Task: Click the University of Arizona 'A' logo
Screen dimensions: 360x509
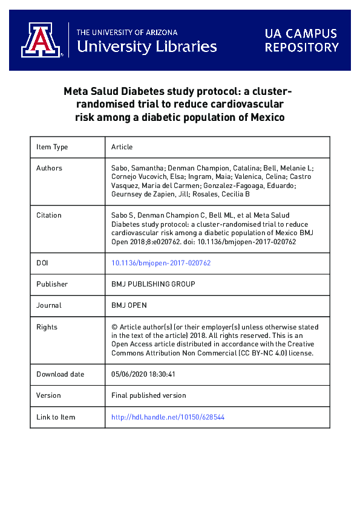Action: click(42, 41)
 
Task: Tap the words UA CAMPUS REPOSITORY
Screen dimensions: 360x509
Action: click(301, 41)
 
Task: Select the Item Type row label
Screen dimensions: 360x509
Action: click(53, 147)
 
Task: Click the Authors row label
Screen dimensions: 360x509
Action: click(50, 168)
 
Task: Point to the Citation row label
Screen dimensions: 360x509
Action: click(50, 215)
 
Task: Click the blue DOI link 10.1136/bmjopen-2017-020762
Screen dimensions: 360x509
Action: click(161, 263)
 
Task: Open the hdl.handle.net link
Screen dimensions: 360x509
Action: click(168, 417)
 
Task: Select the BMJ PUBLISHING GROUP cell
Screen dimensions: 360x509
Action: click(153, 284)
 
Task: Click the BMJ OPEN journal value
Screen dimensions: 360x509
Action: click(129, 305)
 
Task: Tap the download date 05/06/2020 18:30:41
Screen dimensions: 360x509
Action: click(143, 374)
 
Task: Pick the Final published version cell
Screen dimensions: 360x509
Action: click(149, 395)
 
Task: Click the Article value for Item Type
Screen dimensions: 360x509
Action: click(122, 147)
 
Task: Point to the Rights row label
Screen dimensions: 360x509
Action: click(47, 327)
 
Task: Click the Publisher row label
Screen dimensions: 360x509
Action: click(53, 284)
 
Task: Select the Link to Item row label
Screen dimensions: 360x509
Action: click(56, 417)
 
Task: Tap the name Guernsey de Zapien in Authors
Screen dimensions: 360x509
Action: click(145, 195)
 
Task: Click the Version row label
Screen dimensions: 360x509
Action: click(49, 395)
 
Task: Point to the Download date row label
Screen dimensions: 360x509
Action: click(61, 374)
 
